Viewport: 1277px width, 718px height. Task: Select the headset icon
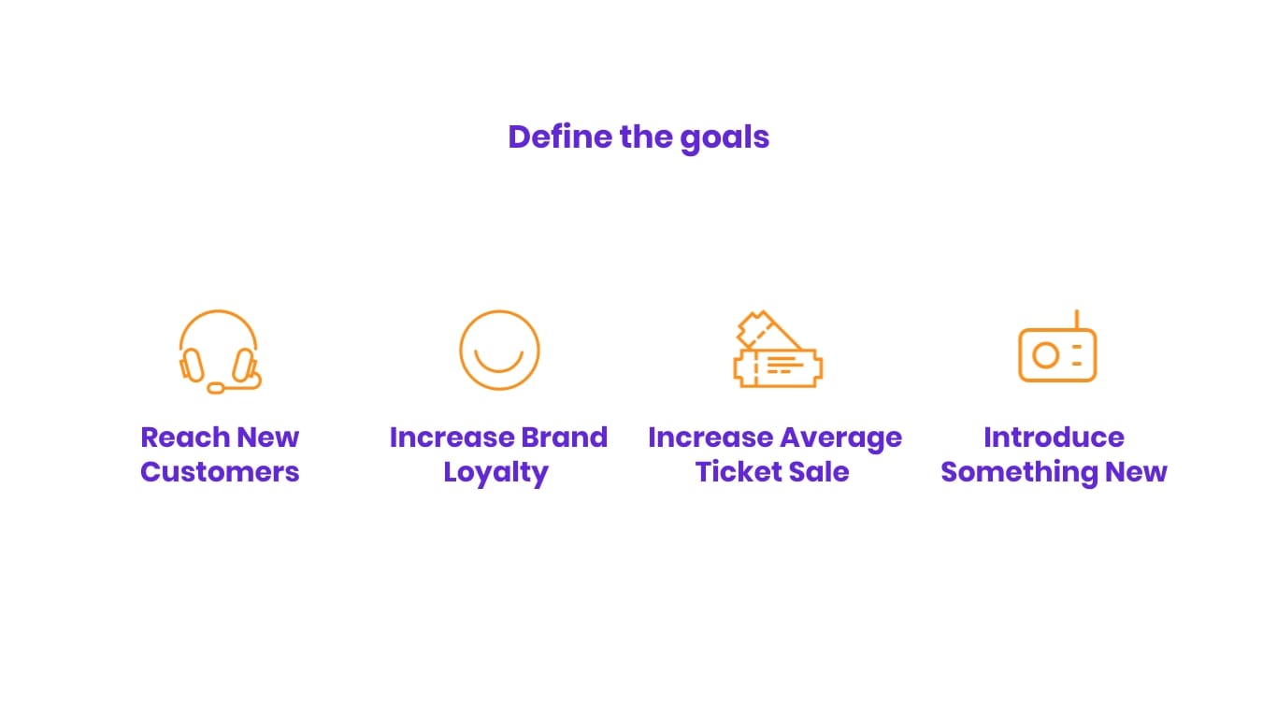219,352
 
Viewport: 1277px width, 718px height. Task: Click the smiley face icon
499,350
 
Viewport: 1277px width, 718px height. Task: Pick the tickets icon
777,350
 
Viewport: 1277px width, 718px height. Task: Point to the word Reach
184,438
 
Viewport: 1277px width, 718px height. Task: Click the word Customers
220,472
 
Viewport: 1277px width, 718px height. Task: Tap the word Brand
564,438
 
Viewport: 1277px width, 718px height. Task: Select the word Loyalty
495,473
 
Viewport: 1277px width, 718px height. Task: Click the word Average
840,438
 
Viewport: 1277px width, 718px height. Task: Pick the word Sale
820,472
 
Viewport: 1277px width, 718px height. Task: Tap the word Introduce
1054,438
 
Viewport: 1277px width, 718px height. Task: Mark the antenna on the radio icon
1076,319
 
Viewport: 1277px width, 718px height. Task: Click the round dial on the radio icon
1045,355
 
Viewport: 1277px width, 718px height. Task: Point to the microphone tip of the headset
216,388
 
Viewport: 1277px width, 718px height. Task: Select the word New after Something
1136,472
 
